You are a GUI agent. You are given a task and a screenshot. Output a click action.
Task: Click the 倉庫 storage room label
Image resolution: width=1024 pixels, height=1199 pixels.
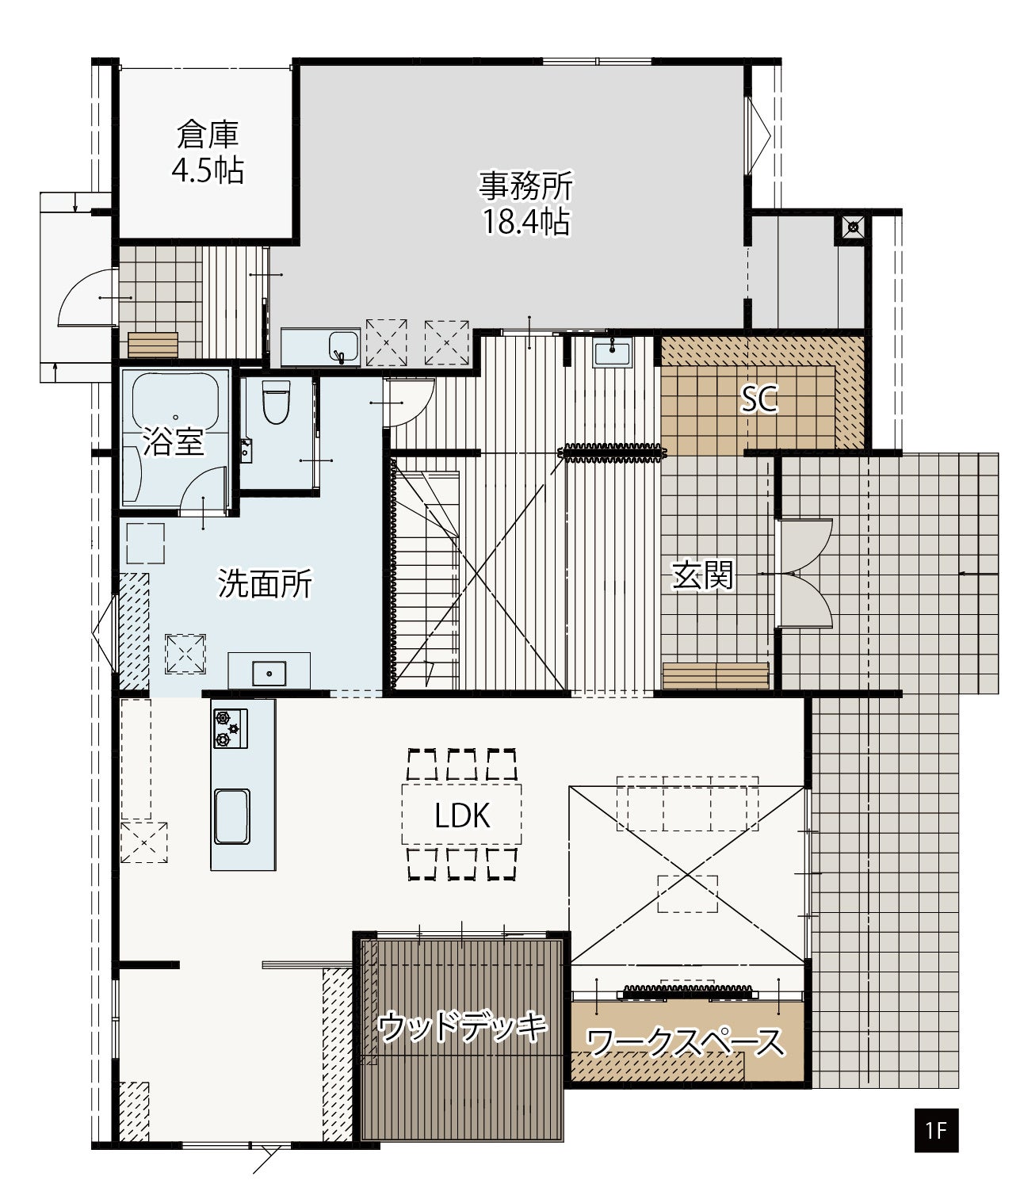pyautogui.click(x=207, y=135)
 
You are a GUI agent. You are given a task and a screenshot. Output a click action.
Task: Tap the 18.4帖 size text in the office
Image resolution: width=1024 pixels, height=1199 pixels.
pyautogui.click(x=526, y=222)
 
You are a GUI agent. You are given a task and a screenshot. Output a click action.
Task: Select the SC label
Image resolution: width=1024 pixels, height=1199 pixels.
pyautogui.click(x=759, y=399)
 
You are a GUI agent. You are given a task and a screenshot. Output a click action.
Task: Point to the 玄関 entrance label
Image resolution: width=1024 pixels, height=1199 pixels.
pyautogui.click(x=702, y=575)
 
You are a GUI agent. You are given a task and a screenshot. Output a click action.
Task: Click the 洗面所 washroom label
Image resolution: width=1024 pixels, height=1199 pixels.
pyautogui.click(x=265, y=583)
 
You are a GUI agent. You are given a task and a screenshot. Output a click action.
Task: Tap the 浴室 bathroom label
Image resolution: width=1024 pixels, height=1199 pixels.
pyautogui.click(x=173, y=441)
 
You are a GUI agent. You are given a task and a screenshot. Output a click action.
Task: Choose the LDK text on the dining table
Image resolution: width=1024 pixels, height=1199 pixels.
pyautogui.click(x=462, y=815)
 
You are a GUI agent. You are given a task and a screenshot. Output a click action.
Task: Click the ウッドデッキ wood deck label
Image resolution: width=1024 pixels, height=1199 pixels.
pyautogui.click(x=462, y=1026)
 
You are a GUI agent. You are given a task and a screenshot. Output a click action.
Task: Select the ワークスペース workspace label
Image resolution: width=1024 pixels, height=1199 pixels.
pyautogui.click(x=686, y=1042)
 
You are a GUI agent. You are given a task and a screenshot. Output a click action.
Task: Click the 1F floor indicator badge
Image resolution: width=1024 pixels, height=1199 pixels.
pyautogui.click(x=936, y=1131)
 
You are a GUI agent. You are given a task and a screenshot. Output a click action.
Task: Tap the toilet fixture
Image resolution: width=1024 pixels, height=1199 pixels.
pyautogui.click(x=276, y=402)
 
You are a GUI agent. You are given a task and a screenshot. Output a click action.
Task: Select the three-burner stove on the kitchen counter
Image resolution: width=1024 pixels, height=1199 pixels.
pyautogui.click(x=231, y=728)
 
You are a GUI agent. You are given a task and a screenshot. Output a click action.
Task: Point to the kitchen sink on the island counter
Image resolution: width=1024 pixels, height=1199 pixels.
pyautogui.click(x=232, y=817)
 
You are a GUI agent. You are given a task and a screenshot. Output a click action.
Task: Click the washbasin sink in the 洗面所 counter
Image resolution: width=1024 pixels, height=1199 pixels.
pyautogui.click(x=269, y=674)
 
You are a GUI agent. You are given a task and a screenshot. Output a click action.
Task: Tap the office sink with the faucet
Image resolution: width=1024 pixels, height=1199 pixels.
pyautogui.click(x=344, y=347)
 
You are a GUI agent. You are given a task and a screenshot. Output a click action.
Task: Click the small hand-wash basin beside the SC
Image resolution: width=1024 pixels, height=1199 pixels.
pyautogui.click(x=612, y=354)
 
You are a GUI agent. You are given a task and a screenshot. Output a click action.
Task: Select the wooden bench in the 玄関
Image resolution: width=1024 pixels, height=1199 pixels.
pyautogui.click(x=716, y=676)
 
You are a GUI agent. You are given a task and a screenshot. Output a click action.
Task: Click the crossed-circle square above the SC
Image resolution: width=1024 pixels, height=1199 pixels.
pyautogui.click(x=853, y=228)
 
